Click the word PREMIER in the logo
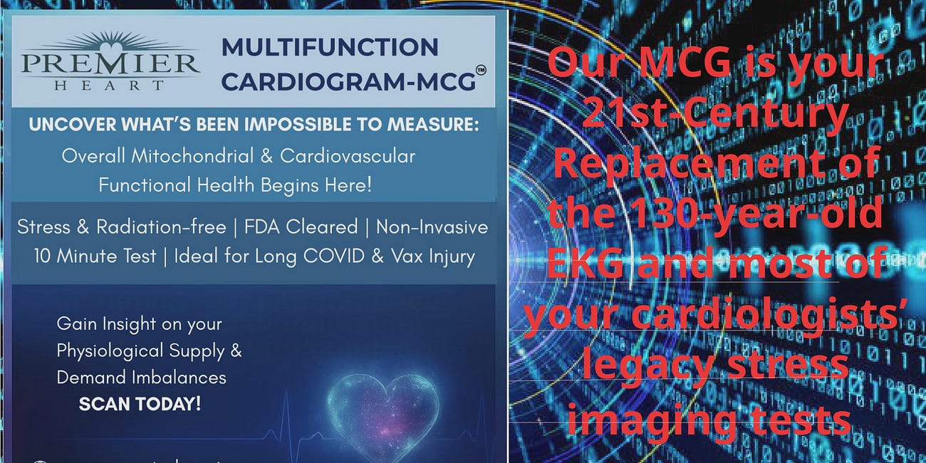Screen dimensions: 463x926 (x=110, y=65)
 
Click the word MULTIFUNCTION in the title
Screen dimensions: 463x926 (x=330, y=48)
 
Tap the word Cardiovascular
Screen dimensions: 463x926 (x=348, y=156)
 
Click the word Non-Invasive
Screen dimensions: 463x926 (x=432, y=227)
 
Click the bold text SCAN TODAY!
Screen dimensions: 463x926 (x=140, y=404)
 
